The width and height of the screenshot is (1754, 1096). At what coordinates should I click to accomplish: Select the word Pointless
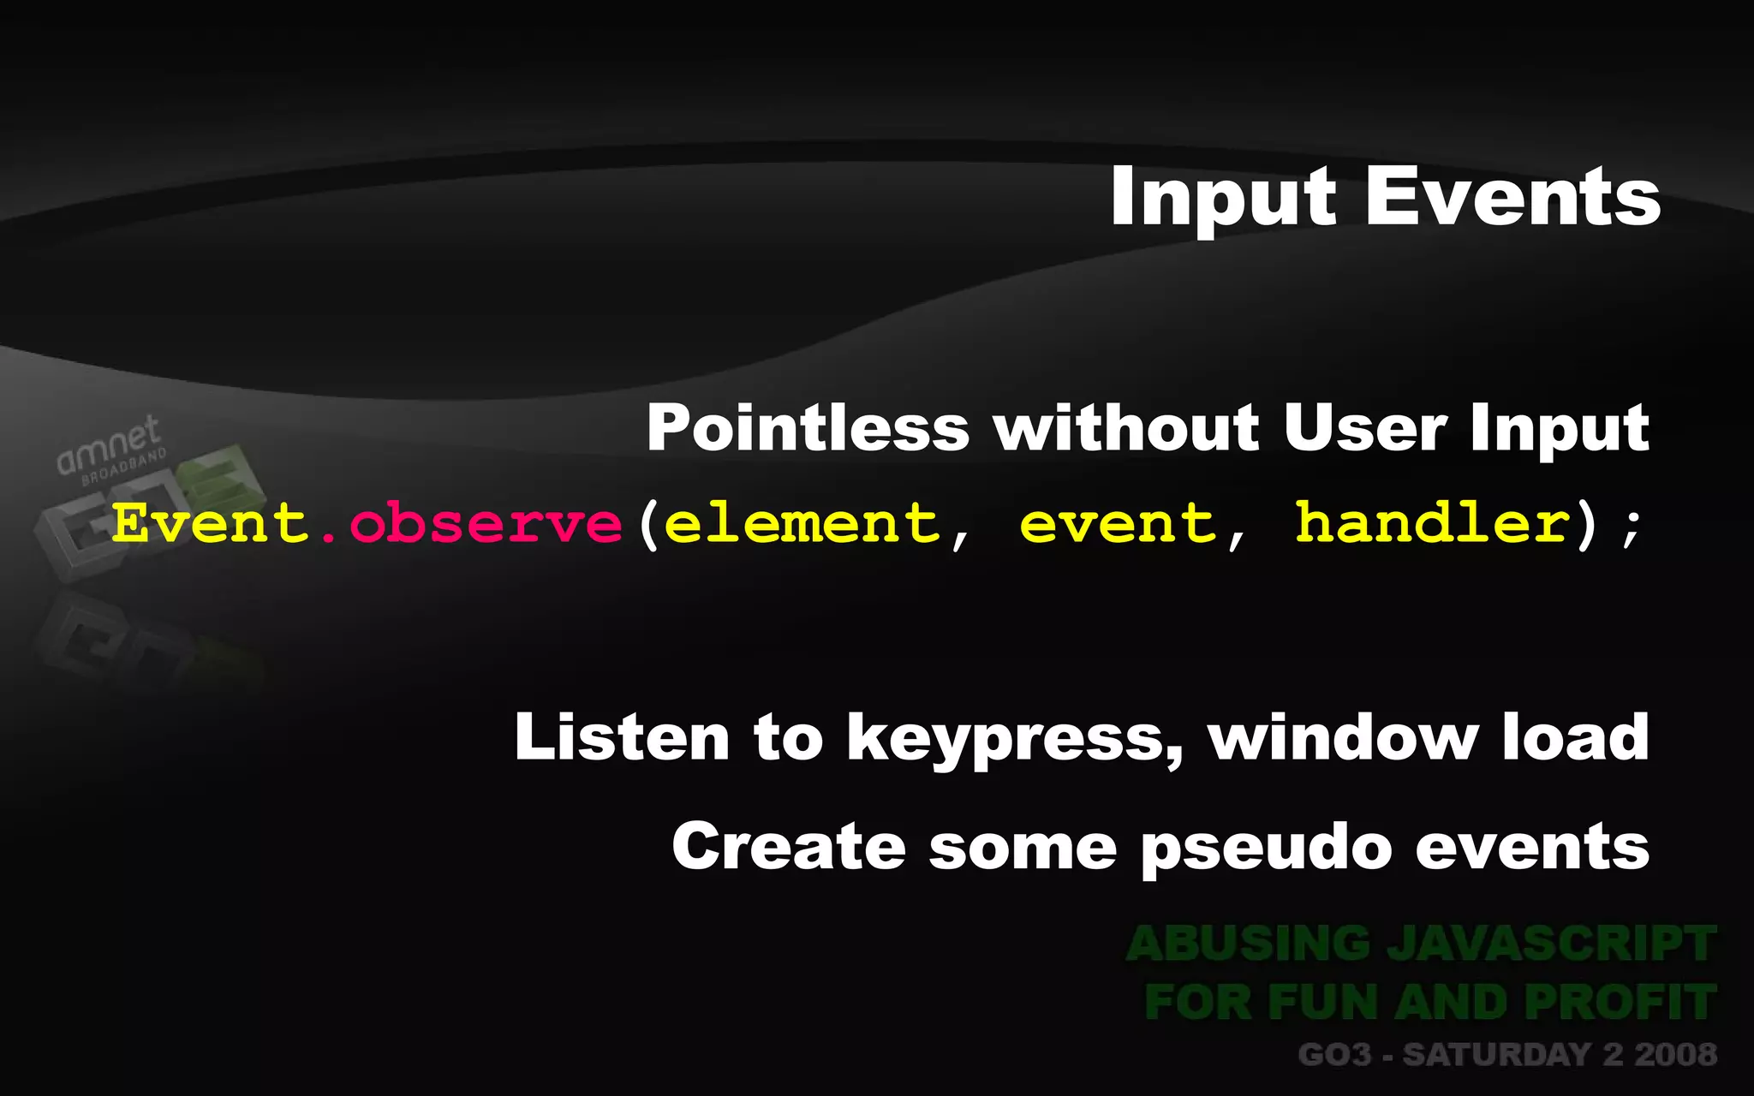pos(808,428)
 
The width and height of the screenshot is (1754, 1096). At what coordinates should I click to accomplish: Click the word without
pos(1126,428)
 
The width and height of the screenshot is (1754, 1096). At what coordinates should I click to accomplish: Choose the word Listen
pos(621,737)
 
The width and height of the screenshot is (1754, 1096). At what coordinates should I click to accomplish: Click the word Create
pos(789,846)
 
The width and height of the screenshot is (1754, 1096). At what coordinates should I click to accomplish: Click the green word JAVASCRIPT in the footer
pos(1551,944)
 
